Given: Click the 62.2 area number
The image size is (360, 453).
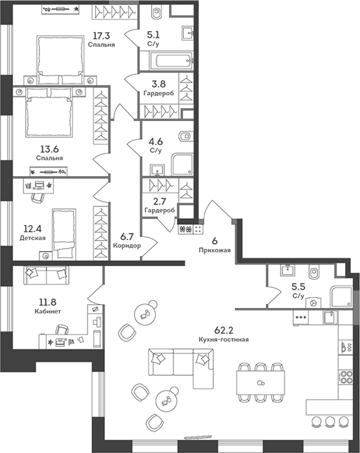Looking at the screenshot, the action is click(x=223, y=330).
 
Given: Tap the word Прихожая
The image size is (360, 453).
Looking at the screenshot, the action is click(x=214, y=250).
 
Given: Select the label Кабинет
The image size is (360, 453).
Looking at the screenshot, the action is click(x=48, y=311).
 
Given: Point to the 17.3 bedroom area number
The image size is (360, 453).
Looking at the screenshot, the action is click(x=101, y=36).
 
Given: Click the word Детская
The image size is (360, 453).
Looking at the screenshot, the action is click(x=32, y=238).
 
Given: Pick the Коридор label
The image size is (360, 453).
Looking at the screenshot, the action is click(x=127, y=246).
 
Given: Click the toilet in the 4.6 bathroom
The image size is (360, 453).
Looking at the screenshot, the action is click(x=185, y=136).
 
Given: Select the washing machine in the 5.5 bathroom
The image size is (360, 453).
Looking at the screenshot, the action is click(x=313, y=302).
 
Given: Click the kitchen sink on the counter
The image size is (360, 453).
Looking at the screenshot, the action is click(x=330, y=317).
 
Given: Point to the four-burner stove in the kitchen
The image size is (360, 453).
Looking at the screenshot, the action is click(x=346, y=377).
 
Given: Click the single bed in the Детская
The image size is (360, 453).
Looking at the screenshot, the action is click(x=64, y=234).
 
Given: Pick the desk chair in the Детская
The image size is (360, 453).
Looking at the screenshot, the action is click(x=38, y=198).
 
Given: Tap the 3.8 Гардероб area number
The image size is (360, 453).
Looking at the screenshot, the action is click(x=159, y=83).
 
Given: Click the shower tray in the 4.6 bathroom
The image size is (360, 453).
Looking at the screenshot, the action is click(x=182, y=164).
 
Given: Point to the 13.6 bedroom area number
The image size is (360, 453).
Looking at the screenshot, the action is click(x=49, y=149).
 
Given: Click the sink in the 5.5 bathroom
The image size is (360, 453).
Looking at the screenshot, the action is click(x=287, y=271).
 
